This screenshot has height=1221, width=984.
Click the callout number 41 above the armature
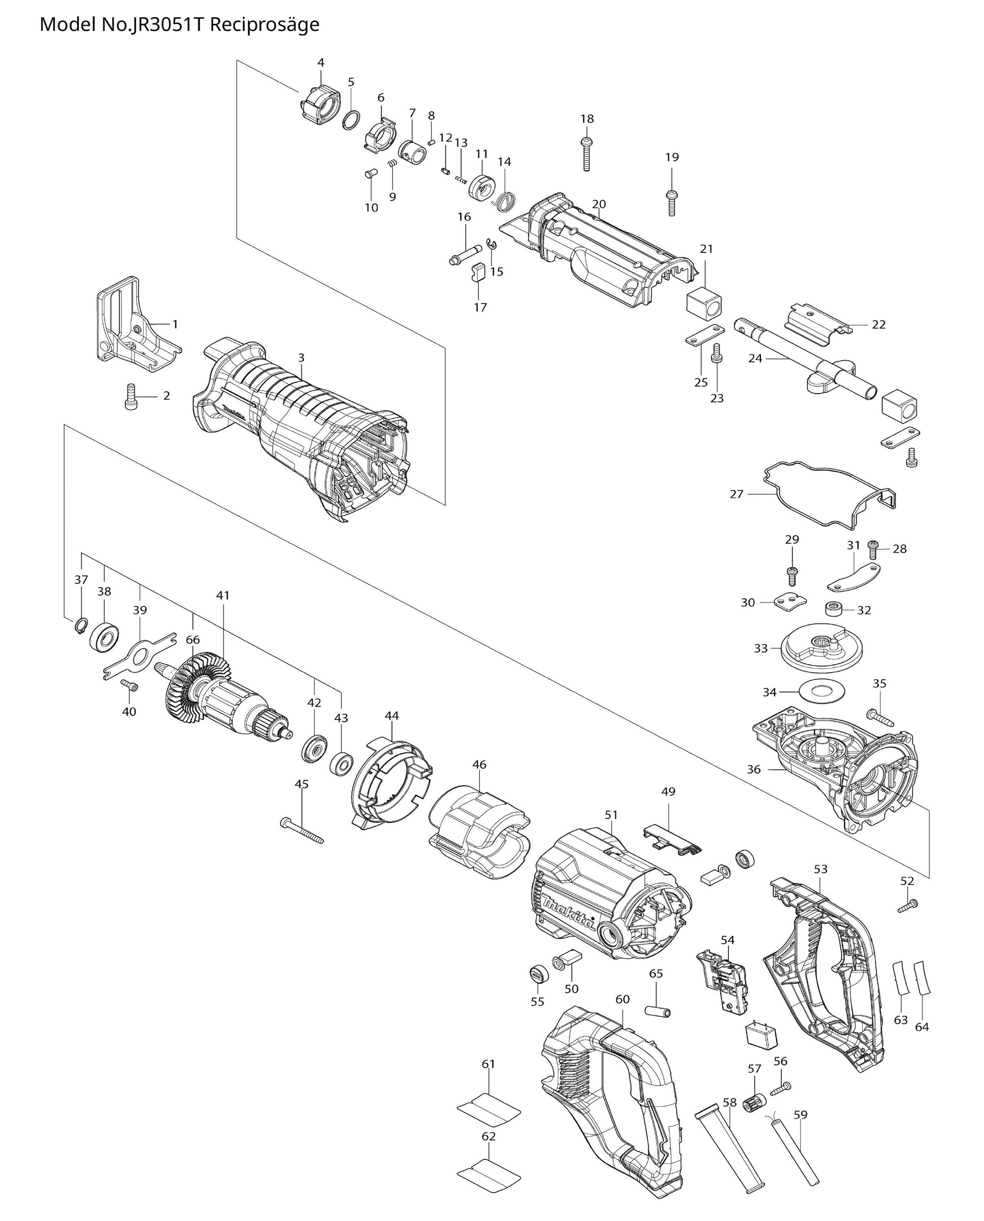(x=223, y=595)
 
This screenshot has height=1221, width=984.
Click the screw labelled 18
(x=587, y=153)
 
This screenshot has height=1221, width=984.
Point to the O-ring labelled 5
(x=351, y=120)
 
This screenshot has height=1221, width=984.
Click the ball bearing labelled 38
(x=104, y=638)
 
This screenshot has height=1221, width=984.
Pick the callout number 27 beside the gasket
(x=736, y=494)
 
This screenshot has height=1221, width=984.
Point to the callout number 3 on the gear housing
(x=301, y=358)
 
